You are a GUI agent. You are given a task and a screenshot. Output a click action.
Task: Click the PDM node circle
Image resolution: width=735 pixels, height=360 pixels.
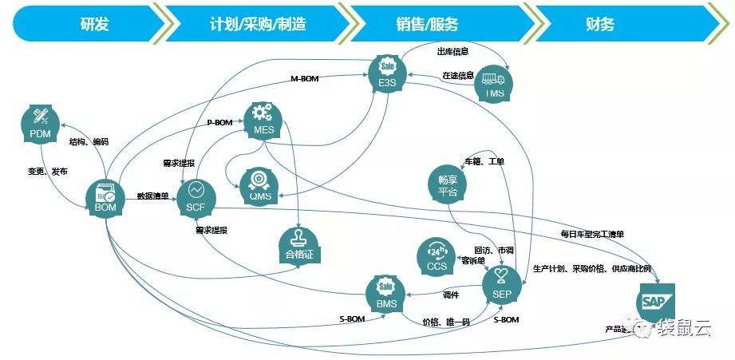(x=40, y=125)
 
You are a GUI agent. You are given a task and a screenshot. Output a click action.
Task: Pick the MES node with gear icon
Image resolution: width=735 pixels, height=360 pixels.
(x=263, y=121)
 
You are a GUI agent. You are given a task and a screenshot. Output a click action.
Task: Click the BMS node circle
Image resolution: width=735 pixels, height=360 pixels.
(x=385, y=294)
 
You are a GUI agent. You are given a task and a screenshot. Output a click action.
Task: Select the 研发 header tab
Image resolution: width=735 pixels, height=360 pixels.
(x=94, y=24)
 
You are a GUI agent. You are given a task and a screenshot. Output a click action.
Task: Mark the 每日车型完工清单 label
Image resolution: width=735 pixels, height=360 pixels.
(x=592, y=234)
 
